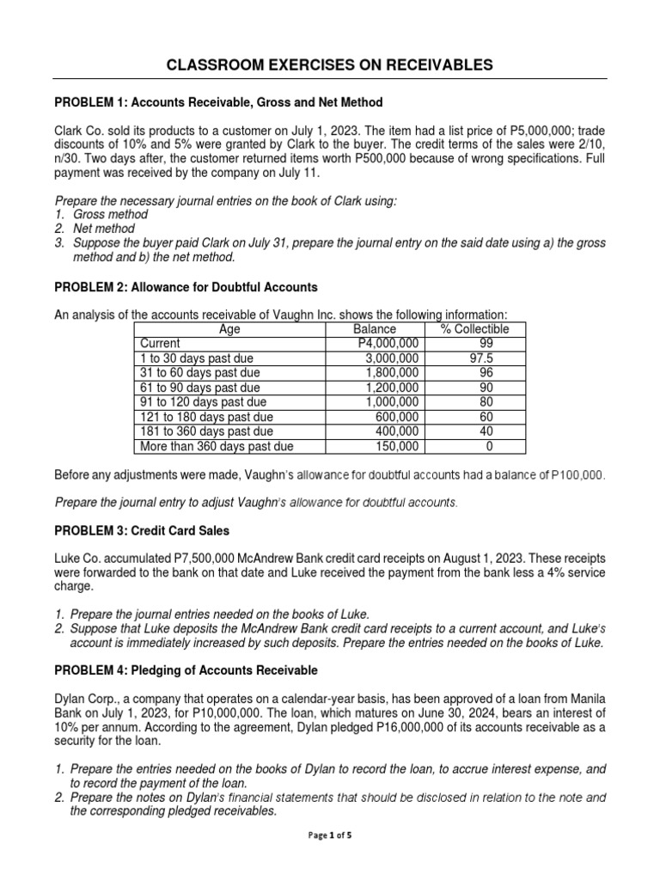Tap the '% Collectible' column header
pyautogui.click(x=474, y=329)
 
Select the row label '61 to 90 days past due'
pyautogui.click(x=199, y=388)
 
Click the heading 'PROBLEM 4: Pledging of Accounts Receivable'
pyautogui.click(x=186, y=669)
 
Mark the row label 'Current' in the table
pyautogui.click(x=160, y=343)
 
